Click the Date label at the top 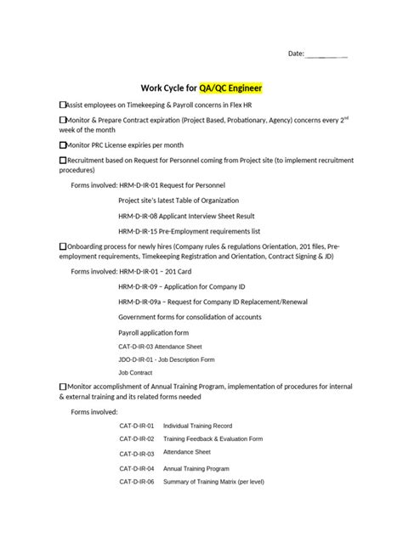coord(296,54)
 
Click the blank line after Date coord(326,55)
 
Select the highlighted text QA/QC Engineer coord(230,88)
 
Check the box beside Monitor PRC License coord(62,144)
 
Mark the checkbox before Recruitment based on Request coord(62,160)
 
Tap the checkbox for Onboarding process coord(62,246)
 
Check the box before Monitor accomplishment coord(62,386)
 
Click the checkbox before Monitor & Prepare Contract coord(62,120)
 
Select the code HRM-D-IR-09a coord(141,302)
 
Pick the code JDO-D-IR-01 coord(136,359)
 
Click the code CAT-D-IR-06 coord(136,483)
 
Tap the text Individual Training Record coord(197,425)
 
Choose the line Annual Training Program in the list coord(196,468)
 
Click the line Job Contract coord(135,372)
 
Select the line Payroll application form coord(153,332)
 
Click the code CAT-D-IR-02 coord(136,439)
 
